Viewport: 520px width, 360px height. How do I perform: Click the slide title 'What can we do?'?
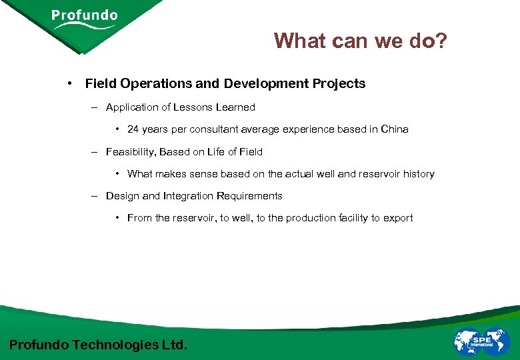(x=361, y=41)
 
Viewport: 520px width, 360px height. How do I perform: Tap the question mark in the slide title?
(x=441, y=41)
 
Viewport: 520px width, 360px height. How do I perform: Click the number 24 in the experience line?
(x=133, y=129)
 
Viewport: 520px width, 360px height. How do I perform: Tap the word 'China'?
(x=394, y=129)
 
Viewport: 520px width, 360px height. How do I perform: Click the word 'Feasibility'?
(x=130, y=152)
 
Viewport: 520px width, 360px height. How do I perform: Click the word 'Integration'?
(x=189, y=196)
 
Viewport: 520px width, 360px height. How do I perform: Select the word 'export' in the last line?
(x=398, y=218)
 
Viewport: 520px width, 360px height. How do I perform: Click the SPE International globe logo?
(x=481, y=341)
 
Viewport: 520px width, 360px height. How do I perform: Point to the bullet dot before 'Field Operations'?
(x=69, y=84)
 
